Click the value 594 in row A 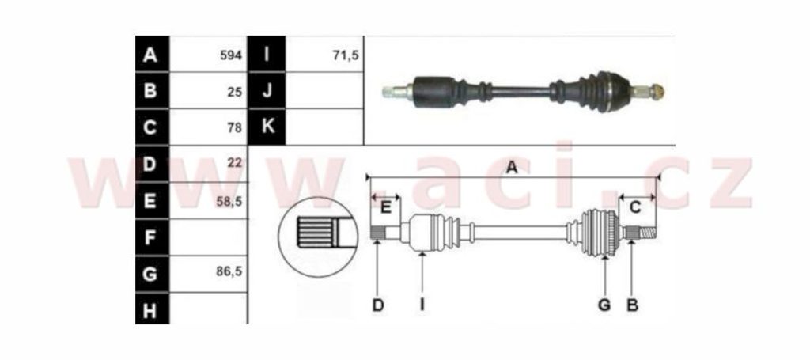pos(231,55)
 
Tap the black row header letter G pos(150,275)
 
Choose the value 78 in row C pos(234,127)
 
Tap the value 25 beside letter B pos(234,92)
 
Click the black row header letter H pos(150,311)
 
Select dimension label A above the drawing pos(512,168)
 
